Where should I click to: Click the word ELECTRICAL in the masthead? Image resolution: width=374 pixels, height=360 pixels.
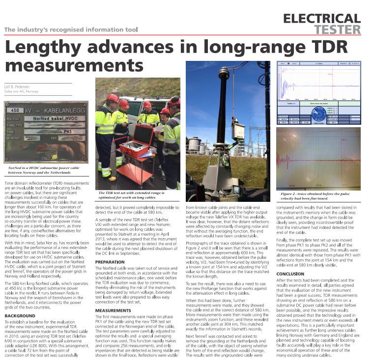point(322,19)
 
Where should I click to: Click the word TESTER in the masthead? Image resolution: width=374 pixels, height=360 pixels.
point(337,29)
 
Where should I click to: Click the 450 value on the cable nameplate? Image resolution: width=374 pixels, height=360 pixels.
point(17,110)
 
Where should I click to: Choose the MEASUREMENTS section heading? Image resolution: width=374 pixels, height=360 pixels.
point(114,310)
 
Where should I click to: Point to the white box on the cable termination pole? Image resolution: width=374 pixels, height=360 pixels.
point(239,132)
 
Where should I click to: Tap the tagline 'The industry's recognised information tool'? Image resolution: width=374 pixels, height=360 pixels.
point(71,29)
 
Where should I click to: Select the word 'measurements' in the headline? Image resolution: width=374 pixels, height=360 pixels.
point(74,65)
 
